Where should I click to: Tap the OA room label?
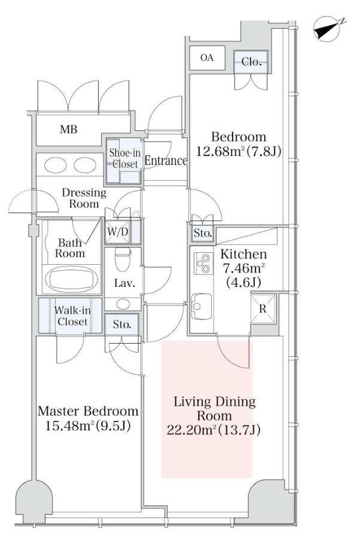pyautogui.click(x=207, y=57)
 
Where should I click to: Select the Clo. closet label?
pyautogui.click(x=251, y=62)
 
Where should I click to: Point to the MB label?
pyautogui.click(x=69, y=130)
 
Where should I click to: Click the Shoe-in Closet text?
pyautogui.click(x=124, y=158)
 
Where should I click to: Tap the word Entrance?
pyautogui.click(x=166, y=161)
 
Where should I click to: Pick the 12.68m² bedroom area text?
pyautogui.click(x=239, y=152)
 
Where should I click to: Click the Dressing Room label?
pyautogui.click(x=84, y=198)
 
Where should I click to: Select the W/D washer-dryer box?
pyautogui.click(x=118, y=231)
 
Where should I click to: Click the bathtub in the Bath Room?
pyautogui.click(x=72, y=279)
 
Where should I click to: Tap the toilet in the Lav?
pyautogui.click(x=123, y=259)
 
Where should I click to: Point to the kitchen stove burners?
pyautogui.click(x=203, y=263)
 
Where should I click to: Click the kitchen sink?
pyautogui.click(x=202, y=306)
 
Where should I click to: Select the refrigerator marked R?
pyautogui.click(x=263, y=309)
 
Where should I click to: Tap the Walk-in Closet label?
pyautogui.click(x=72, y=316)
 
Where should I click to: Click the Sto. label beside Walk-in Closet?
pyautogui.click(x=122, y=324)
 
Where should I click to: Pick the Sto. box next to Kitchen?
pyautogui.click(x=203, y=233)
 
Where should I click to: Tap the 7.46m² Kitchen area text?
pyautogui.click(x=243, y=269)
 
